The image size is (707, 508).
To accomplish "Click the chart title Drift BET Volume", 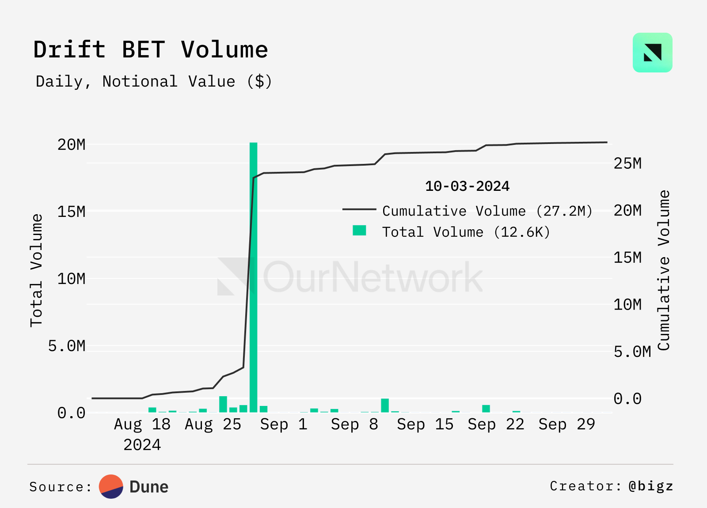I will point(151,49).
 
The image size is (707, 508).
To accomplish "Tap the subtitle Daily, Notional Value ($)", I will point(154,82).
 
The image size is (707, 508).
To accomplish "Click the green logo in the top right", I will point(652,53).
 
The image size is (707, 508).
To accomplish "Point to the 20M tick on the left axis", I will point(71,144).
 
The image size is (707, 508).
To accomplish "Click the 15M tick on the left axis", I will point(71,212).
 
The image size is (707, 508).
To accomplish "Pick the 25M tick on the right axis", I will point(627,163).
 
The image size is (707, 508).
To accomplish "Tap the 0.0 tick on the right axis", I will point(627,399).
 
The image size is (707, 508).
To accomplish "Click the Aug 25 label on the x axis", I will point(213,425).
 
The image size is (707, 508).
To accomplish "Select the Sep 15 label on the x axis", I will point(425,425).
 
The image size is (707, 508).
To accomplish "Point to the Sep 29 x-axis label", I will point(566,425).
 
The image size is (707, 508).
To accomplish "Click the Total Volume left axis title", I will point(36,270).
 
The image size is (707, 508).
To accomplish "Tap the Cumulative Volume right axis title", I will point(664,270).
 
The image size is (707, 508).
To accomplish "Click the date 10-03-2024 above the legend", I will point(467,186).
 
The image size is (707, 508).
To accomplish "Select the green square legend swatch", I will point(359,231).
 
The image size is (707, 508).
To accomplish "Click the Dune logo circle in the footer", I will point(111,487).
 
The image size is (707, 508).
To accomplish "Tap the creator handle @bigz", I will point(651,486).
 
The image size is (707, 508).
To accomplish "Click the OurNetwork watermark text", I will point(373,277).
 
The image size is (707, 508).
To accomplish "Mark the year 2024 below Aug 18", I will point(142,445).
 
